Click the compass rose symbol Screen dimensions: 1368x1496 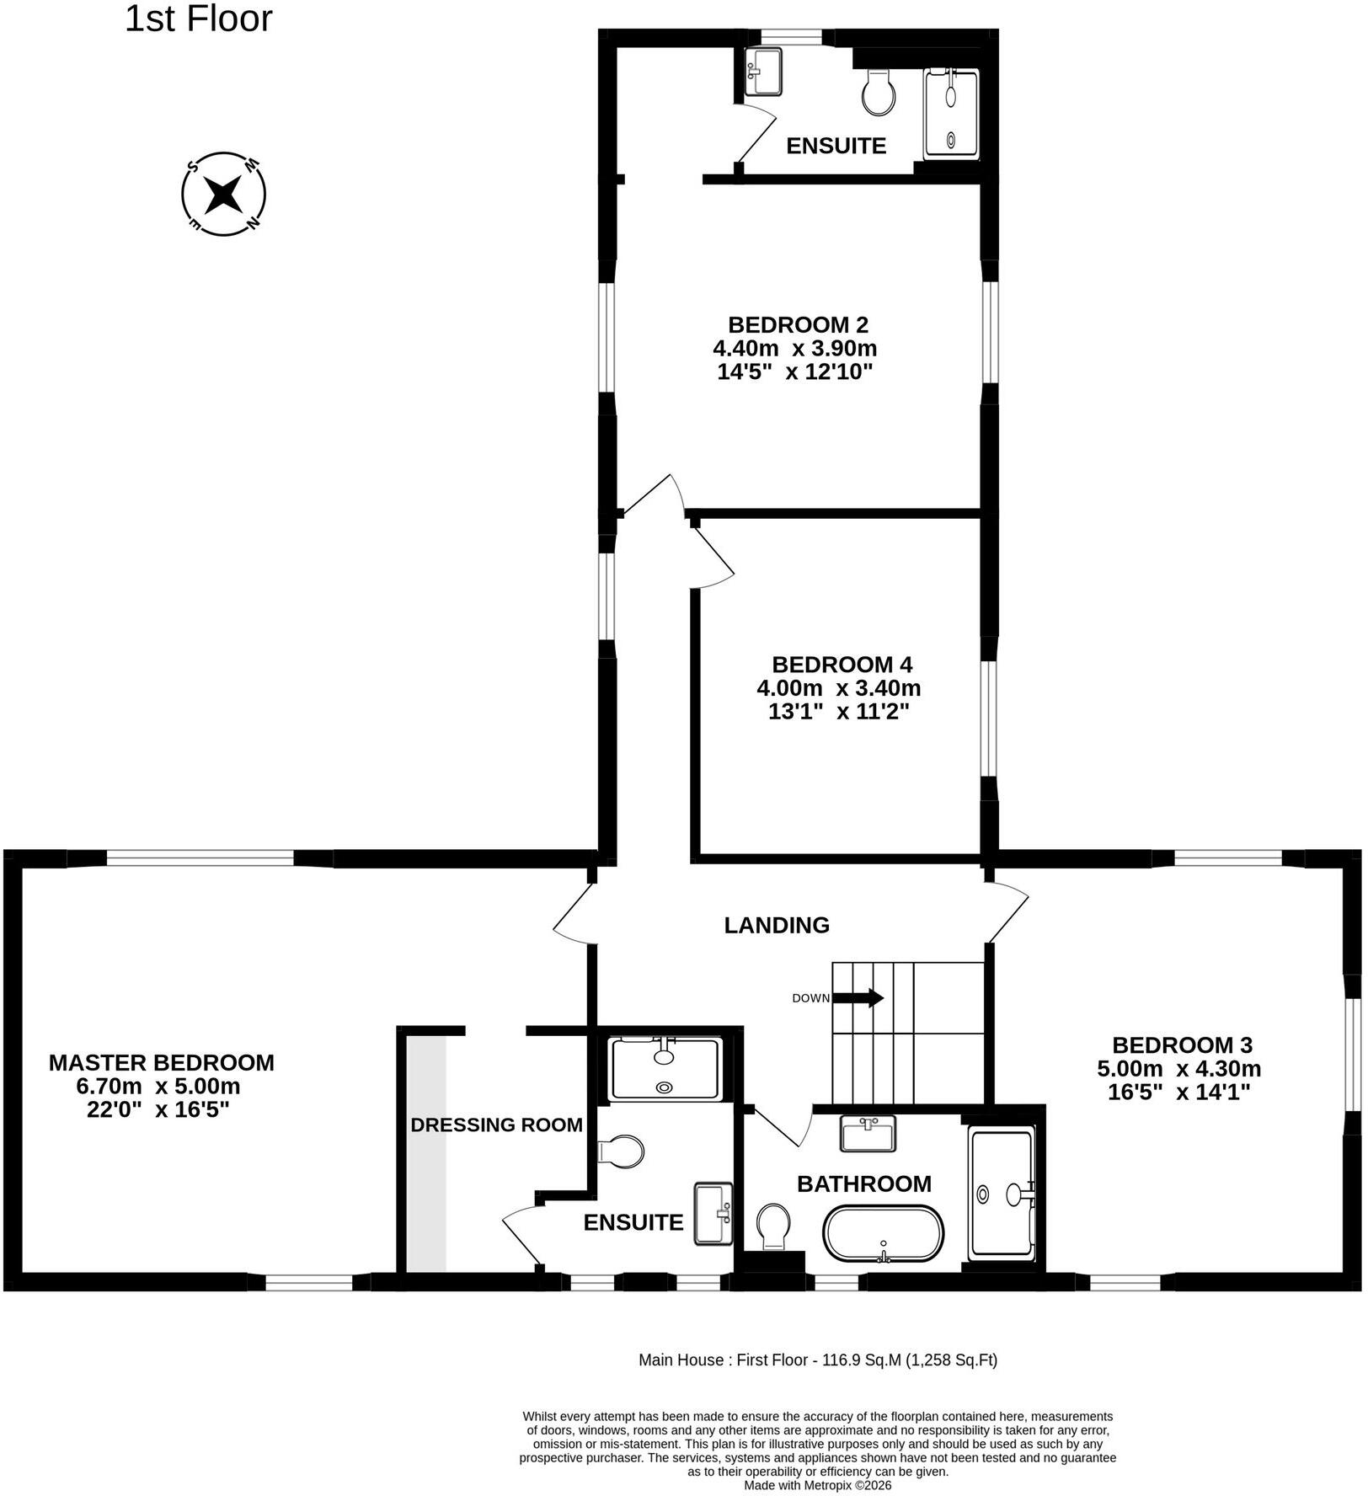pos(224,195)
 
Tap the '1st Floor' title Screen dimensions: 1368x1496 pos(199,19)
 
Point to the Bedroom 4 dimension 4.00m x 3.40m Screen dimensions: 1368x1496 pos(839,688)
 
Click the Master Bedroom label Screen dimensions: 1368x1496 pos(162,1063)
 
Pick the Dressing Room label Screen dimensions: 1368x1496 pos(497,1125)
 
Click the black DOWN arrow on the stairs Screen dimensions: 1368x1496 pos(858,998)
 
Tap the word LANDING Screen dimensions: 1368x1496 pos(777,926)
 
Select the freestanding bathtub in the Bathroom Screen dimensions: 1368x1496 pos(883,1234)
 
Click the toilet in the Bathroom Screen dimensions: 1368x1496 pos(773,1226)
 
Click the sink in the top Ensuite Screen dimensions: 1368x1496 pos(764,72)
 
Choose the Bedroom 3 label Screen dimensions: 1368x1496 pos(1182,1045)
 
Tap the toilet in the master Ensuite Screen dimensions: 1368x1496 pos(621,1151)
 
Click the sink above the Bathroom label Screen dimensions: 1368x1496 pos(868,1133)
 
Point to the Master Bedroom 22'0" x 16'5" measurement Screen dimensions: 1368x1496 pos(158,1110)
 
